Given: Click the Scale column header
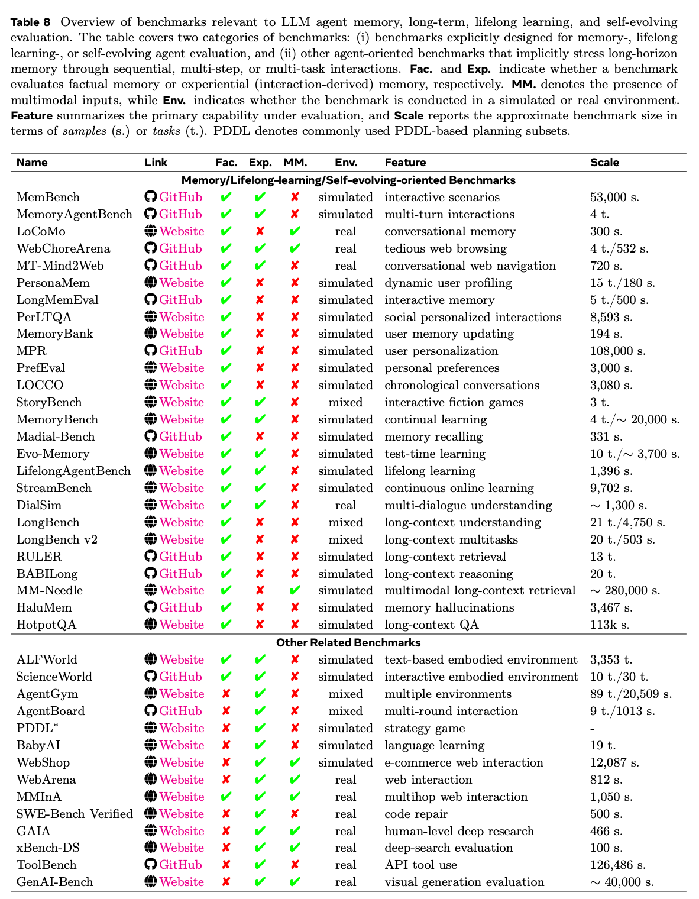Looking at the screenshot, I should pos(604,163).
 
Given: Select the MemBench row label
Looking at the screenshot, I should pos(48,198).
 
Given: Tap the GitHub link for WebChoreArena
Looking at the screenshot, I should pos(180,249).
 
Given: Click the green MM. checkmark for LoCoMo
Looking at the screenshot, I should pos(295,232).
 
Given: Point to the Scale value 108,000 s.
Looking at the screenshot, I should pos(617,351).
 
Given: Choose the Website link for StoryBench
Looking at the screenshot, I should pos(182,403).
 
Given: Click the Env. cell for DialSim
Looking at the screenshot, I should pos(345,506).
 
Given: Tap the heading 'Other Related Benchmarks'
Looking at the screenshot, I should pos(348,643).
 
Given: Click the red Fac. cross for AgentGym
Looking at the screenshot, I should pos(225,694).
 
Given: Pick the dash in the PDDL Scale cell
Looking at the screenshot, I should pos(593,729).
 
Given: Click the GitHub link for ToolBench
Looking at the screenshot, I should pos(180,865).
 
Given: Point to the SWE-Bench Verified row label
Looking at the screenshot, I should pos(75,814).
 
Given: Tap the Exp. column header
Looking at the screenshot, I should pos(260,163).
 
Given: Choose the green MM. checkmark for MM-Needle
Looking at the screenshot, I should pos(295,591).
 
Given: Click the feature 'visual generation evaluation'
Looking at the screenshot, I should pos(464,882).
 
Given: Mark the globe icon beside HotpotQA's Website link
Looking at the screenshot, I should pos(150,625).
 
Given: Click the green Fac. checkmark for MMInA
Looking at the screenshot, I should pos(225,797).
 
